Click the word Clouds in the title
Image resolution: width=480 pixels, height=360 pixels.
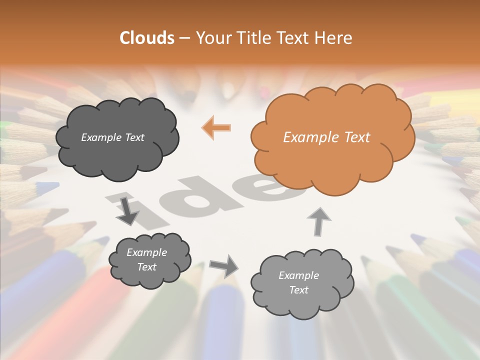(x=146, y=38)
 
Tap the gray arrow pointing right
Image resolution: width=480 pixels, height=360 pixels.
(x=224, y=266)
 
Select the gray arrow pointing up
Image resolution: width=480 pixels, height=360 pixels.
(x=318, y=221)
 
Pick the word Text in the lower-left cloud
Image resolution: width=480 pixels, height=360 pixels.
(x=147, y=267)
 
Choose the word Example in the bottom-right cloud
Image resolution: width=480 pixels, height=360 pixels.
(x=298, y=275)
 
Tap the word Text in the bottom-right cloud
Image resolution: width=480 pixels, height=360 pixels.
(x=298, y=290)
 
